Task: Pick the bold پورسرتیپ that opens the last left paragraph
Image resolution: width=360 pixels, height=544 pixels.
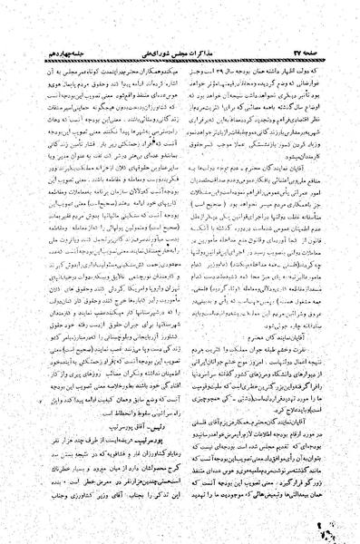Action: [x=151, y=446]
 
